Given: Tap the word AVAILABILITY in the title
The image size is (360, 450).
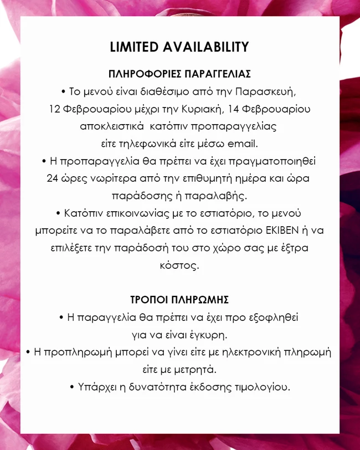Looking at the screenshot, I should click(205, 47).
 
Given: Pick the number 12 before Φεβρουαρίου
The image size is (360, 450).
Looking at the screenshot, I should click(54, 109).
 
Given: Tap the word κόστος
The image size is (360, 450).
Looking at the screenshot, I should click(180, 265).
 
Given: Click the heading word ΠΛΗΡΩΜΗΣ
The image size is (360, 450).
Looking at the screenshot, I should click(203, 300).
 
